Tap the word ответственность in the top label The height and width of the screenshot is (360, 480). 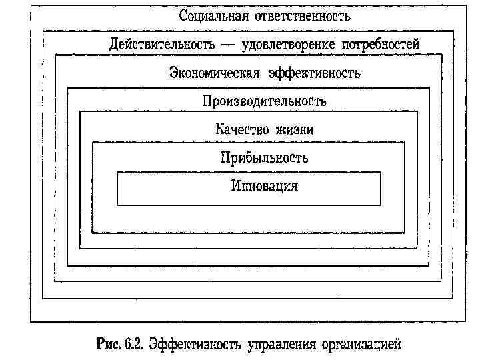pos(303,15)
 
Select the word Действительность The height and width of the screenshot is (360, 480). pos(162,45)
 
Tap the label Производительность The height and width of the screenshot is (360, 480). pos(265,101)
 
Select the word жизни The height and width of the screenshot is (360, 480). pos(295,129)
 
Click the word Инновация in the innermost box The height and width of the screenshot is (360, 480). pos(265,185)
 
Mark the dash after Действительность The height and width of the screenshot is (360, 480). pos(229,45)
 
